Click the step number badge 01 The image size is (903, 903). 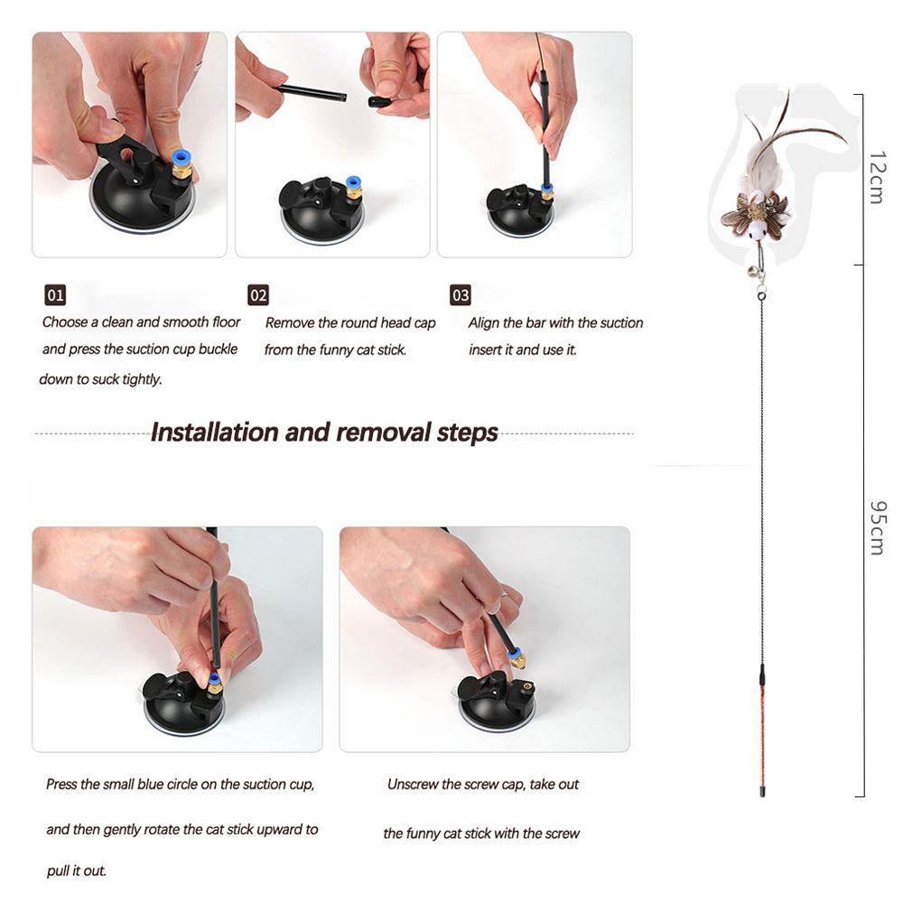(55, 295)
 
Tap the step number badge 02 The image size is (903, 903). (258, 295)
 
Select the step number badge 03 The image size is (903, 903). (461, 295)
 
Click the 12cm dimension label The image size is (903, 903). (874, 177)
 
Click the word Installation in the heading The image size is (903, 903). (214, 433)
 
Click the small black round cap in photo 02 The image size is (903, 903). (379, 101)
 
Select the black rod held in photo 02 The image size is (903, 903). (312, 91)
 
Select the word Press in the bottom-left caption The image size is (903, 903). (61, 784)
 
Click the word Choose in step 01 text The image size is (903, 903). (65, 321)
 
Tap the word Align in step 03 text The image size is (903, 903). (484, 322)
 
